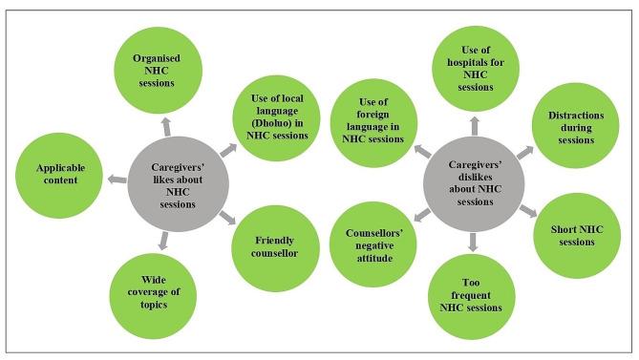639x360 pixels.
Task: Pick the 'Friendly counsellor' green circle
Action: [270, 246]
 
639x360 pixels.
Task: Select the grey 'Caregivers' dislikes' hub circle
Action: [470, 179]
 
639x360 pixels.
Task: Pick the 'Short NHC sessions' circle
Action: [569, 235]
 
